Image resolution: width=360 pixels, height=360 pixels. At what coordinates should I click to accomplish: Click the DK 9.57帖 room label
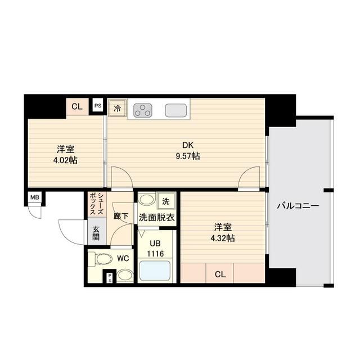188,150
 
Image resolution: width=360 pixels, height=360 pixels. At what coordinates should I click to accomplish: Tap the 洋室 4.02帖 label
66,155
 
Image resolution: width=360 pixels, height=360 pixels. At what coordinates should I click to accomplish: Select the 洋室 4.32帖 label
223,233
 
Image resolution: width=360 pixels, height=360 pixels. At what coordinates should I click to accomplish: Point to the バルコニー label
298,206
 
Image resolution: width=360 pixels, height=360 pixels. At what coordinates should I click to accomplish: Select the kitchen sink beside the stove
175,110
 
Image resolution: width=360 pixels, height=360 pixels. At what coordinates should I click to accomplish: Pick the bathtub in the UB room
154,272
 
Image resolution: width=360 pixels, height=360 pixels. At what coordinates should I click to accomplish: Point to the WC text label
124,259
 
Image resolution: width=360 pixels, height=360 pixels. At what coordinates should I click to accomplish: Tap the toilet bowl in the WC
103,259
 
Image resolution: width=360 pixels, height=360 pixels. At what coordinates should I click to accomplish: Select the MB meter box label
35,197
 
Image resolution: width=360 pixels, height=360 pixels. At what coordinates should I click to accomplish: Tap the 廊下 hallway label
121,215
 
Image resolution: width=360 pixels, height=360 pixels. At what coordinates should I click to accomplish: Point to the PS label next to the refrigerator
98,105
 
